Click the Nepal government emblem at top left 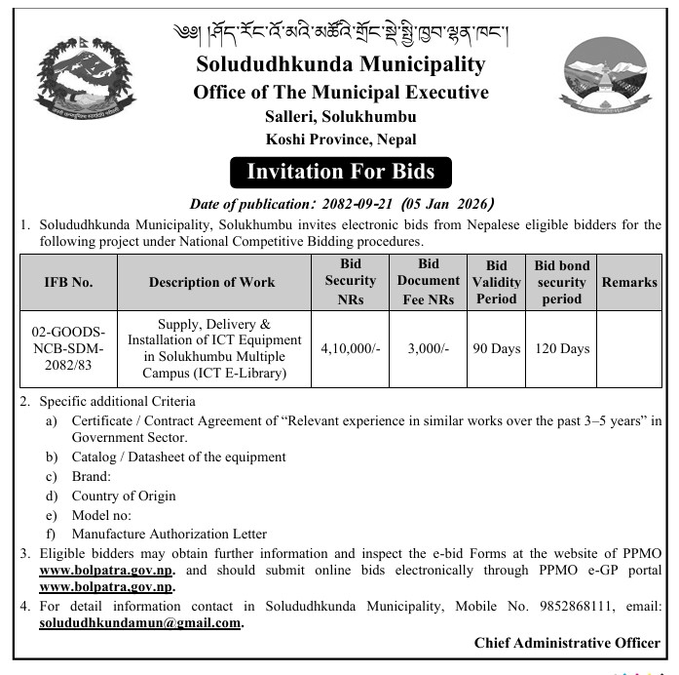point(83,82)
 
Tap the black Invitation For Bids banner point(340,173)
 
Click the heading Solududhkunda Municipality point(340,65)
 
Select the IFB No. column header point(69,282)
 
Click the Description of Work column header point(211,282)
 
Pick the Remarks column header point(628,282)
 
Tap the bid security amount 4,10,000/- point(350,348)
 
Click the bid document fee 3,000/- point(428,348)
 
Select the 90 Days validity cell point(496,348)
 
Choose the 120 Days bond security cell point(562,348)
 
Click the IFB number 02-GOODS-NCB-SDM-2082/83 point(69,348)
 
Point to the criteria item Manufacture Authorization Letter point(169,534)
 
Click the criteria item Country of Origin point(124,496)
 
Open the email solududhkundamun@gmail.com point(140,622)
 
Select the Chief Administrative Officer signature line point(567,643)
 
